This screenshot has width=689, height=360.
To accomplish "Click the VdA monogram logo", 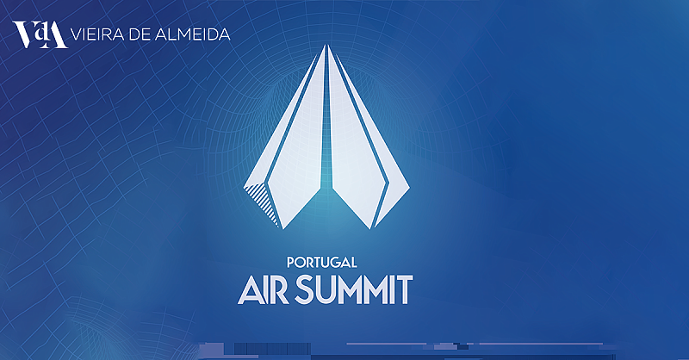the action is tap(40, 34).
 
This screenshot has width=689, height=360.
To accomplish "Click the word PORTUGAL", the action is tap(321, 263).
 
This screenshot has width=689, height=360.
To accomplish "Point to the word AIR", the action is tap(264, 289).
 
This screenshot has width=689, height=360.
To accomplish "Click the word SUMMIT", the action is tap(353, 289).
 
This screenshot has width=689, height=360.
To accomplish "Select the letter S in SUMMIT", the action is tap(304, 289).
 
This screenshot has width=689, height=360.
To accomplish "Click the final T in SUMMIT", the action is tap(404, 290).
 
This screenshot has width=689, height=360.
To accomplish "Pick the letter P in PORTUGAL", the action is tap(290, 263).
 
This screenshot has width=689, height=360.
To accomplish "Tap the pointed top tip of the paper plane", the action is tap(326, 45).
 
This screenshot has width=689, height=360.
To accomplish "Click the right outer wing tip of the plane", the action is tap(410, 188).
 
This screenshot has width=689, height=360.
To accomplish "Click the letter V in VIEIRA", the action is tap(77, 34).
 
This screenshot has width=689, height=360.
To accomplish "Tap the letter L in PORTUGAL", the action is tap(352, 263).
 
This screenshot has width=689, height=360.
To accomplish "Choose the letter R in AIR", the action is tap(279, 290).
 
